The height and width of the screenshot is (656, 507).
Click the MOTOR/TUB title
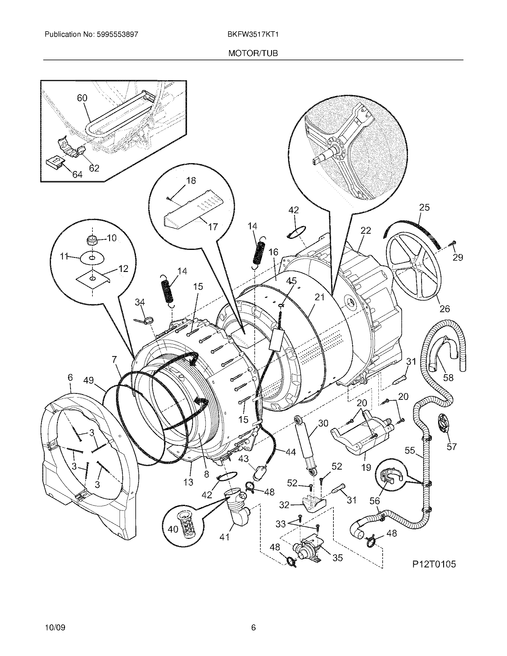pyautogui.click(x=253, y=53)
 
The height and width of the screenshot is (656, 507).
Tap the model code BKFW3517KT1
pyautogui.click(x=253, y=35)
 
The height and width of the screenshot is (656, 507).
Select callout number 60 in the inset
pyautogui.click(x=82, y=98)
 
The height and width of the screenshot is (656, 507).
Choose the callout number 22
pyautogui.click(x=366, y=230)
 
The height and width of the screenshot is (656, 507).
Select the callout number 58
pyautogui.click(x=448, y=377)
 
